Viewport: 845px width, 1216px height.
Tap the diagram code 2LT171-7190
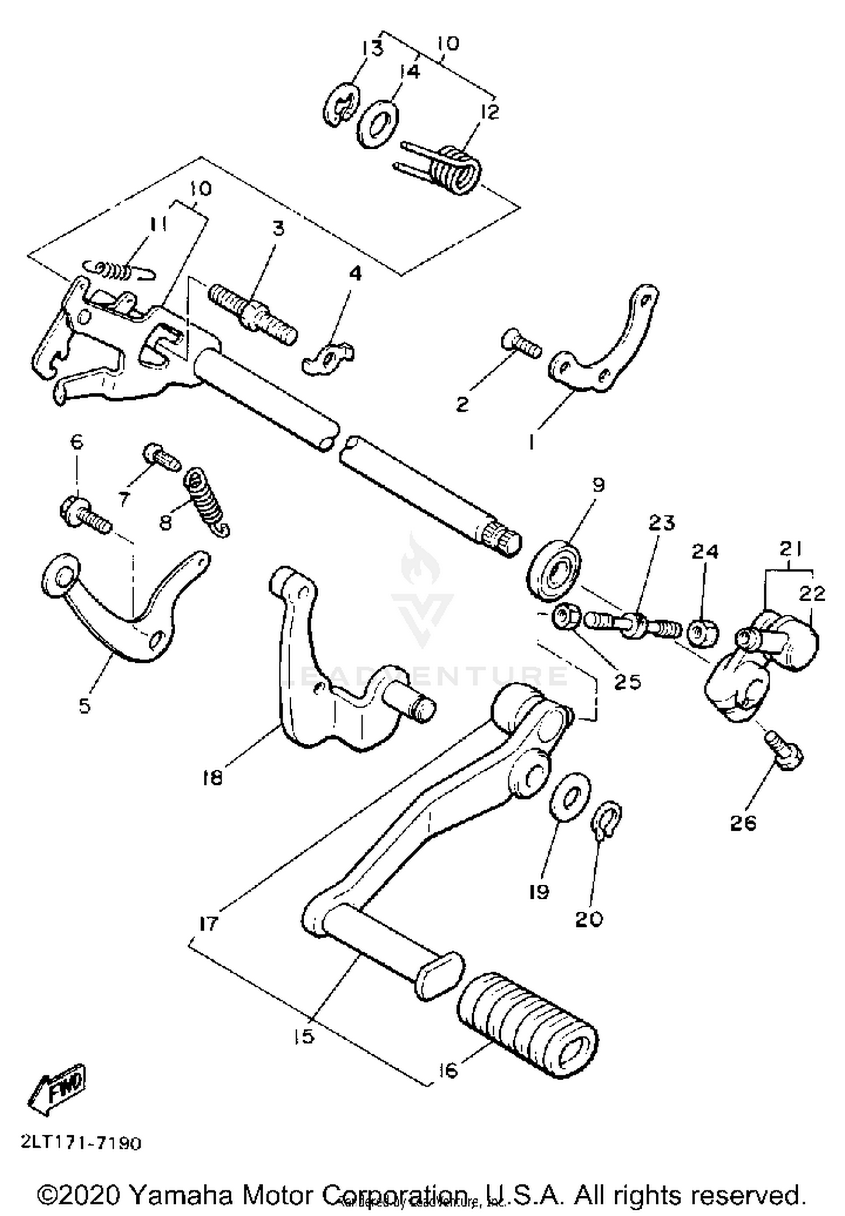81,1143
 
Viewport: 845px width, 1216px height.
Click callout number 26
743,823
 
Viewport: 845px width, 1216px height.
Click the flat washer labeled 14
377,124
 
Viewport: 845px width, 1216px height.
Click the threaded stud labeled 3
252,314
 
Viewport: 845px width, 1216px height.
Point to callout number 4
355,274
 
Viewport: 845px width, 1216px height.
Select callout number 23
661,523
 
